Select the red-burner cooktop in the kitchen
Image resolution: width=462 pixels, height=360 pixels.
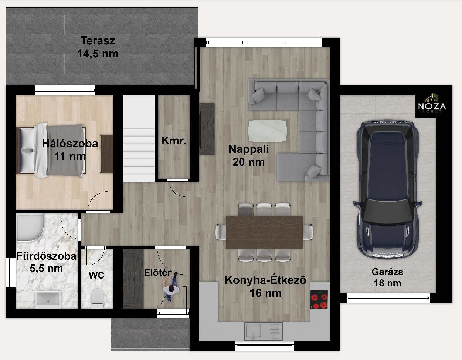pyautogui.click(x=319, y=300)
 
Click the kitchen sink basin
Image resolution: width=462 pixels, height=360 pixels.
pyautogui.click(x=253, y=331)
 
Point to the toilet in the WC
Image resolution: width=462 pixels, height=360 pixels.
pyautogui.click(x=97, y=298)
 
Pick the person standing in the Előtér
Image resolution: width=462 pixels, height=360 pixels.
pyautogui.click(x=171, y=287)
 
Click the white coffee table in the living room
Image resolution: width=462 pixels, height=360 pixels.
pyautogui.click(x=268, y=131)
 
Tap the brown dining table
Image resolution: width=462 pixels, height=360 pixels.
pyautogui.click(x=264, y=232)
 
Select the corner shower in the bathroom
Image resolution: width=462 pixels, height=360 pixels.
pyautogui.click(x=30, y=228)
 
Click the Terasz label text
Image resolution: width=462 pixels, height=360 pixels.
pyautogui.click(x=98, y=41)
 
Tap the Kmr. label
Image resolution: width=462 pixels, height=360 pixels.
pyautogui.click(x=173, y=141)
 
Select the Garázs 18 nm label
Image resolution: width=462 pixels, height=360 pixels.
pyautogui.click(x=387, y=277)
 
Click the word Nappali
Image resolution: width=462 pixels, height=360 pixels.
pyautogui.click(x=248, y=149)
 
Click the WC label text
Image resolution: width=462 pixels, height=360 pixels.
pyautogui.click(x=96, y=275)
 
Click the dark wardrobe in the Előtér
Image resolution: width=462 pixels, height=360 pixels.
pyautogui.click(x=133, y=279)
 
